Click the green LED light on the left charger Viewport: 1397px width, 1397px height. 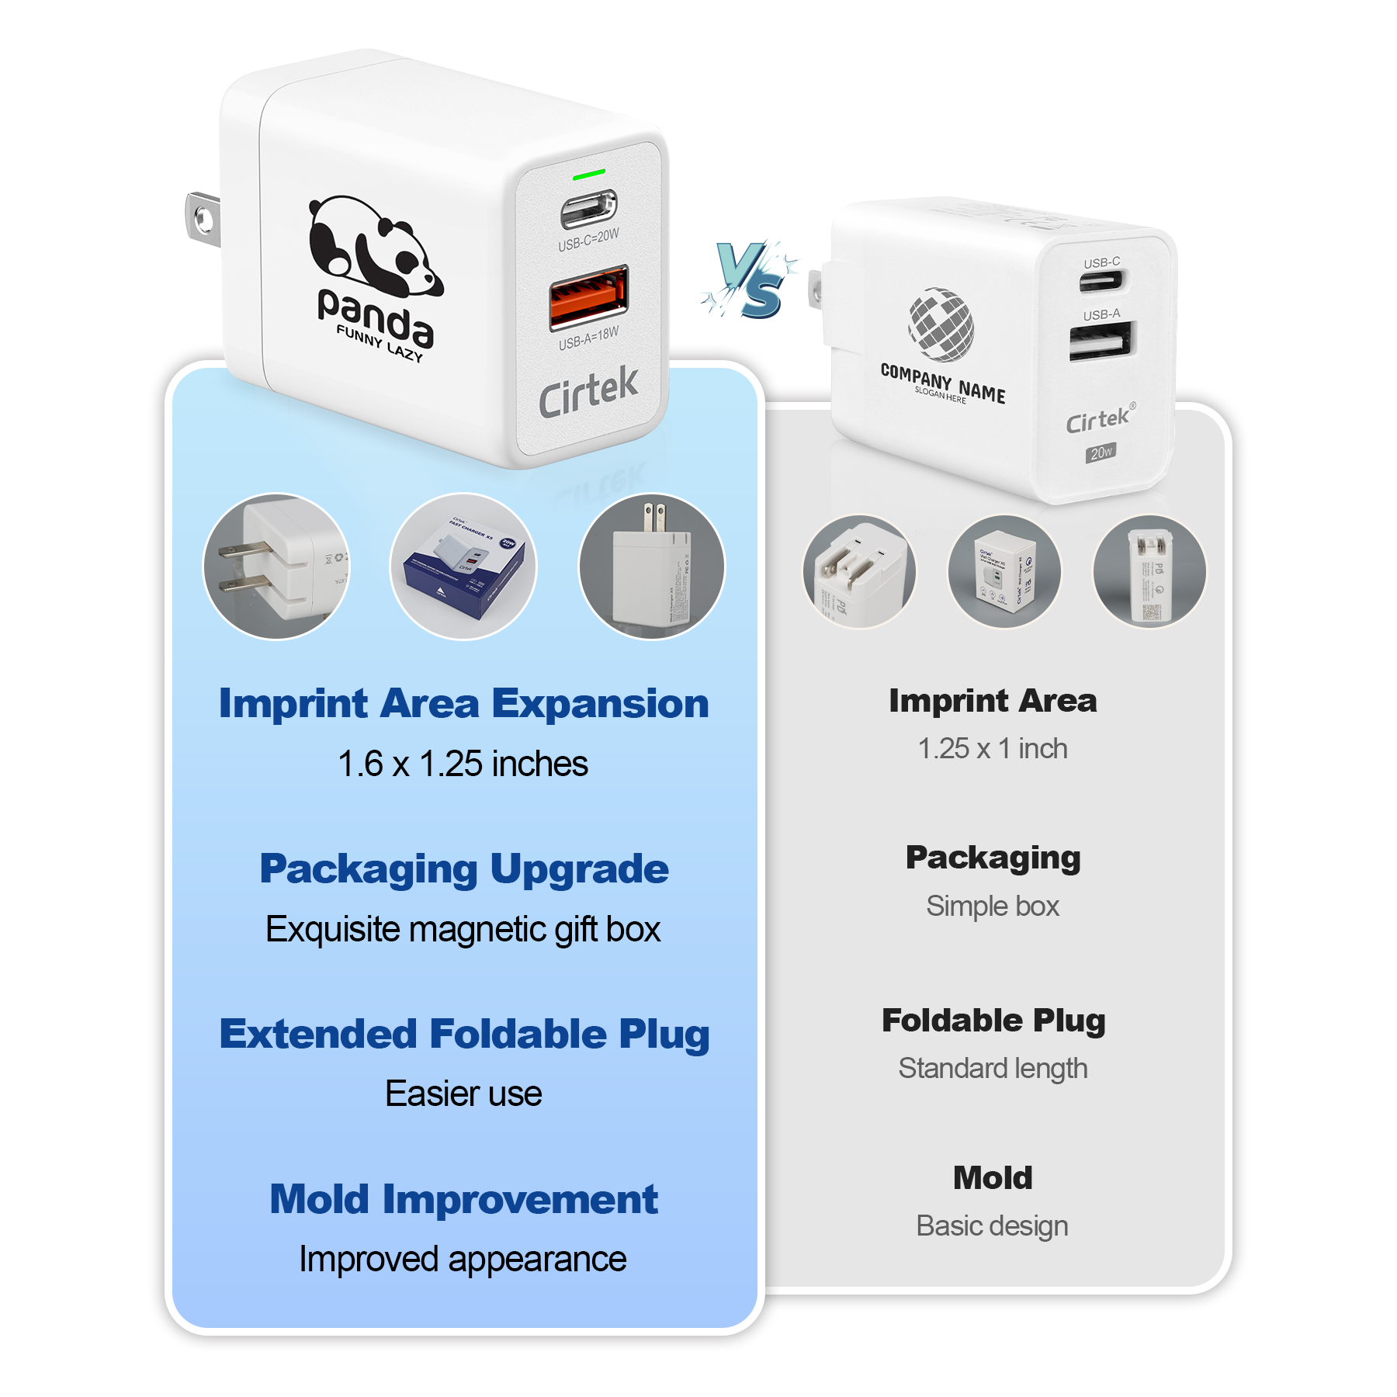pos(589,175)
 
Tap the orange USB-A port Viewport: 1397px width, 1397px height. pos(589,296)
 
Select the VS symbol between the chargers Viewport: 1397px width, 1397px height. pos(749,281)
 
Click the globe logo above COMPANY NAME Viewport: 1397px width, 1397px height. pos(941,324)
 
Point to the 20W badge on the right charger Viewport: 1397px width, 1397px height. pos(1101,452)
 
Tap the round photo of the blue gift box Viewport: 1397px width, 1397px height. pos(463,567)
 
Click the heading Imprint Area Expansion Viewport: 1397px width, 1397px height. pos(463,703)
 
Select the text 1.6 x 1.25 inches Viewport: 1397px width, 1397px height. pos(463,764)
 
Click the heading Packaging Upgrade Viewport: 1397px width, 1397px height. pos(463,868)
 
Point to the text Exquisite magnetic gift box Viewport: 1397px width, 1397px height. pos(463,929)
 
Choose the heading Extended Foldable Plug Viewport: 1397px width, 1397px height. pos(463,1034)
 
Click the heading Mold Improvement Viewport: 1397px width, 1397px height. pos(463,1199)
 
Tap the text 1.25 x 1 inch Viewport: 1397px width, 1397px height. pos(993,748)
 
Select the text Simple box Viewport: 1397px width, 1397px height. pos(993,906)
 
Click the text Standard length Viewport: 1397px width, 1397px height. pos(993,1068)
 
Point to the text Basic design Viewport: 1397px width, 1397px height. pos(993,1225)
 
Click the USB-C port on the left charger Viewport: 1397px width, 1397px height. pos(589,208)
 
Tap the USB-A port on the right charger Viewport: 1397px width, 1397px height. pos(1101,341)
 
